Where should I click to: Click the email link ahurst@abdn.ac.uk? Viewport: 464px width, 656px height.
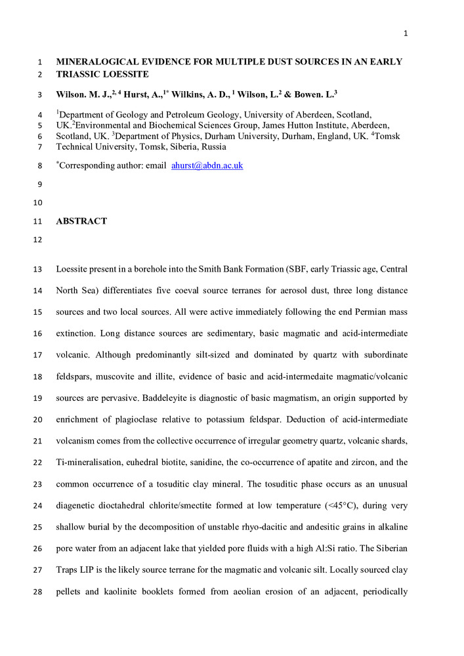tap(207, 166)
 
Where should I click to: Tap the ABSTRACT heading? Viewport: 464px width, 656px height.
tap(81, 222)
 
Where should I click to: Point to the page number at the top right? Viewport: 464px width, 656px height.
tap(406, 35)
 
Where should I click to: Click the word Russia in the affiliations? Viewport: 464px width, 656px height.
tap(213, 147)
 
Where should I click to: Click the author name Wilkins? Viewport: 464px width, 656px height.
tap(192, 94)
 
